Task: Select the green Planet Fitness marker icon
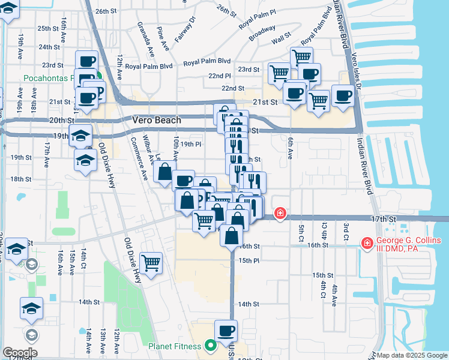pyautogui.click(x=210, y=346)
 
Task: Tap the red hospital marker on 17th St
pyautogui.click(x=280, y=213)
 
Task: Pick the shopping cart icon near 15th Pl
pyautogui.click(x=151, y=262)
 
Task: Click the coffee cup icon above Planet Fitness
pyautogui.click(x=226, y=330)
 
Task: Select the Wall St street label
pyautogui.click(x=280, y=41)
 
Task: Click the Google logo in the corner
pyautogui.click(x=19, y=353)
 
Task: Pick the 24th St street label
pyautogui.click(x=49, y=47)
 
